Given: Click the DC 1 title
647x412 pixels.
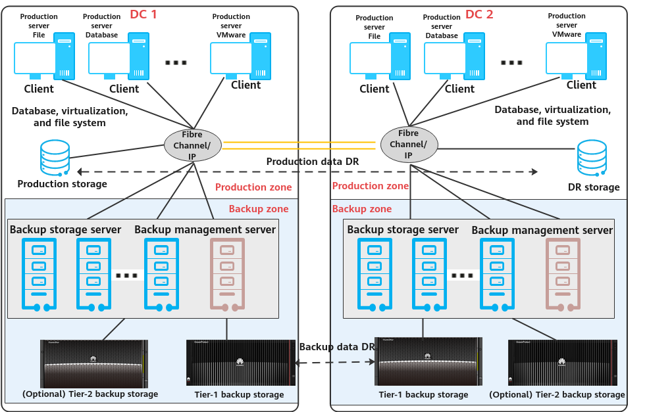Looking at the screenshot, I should [x=143, y=14].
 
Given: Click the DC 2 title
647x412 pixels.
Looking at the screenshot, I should [x=479, y=14].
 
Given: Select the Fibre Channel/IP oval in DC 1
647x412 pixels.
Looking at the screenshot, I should [x=192, y=144].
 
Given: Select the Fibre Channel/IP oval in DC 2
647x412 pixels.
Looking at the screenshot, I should [x=409, y=143].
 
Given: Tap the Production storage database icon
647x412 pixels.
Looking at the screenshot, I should [x=55, y=158].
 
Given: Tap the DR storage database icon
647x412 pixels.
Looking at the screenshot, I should [x=592, y=158].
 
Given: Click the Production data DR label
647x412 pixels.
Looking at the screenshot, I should [x=312, y=162].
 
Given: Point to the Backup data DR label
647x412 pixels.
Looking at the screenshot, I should [x=336, y=346].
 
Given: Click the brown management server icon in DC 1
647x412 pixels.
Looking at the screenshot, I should [x=227, y=275].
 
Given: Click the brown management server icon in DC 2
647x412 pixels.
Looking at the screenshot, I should [x=563, y=275].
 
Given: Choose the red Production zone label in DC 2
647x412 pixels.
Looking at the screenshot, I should [x=370, y=187].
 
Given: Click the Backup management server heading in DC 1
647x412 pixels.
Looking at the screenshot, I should [x=205, y=229].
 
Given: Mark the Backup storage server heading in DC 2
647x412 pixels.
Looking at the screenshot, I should [x=402, y=230].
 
